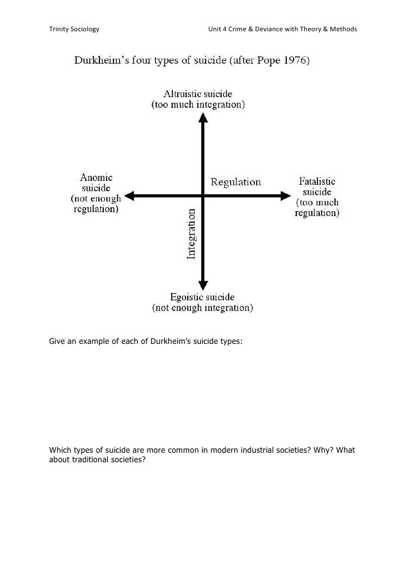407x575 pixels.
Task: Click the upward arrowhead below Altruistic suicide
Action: coord(203,118)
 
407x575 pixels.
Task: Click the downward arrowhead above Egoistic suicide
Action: coord(203,283)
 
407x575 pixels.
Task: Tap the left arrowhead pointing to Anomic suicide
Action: coord(130,195)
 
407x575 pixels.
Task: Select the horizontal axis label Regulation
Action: coord(235,182)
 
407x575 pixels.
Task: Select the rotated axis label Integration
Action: coord(191,234)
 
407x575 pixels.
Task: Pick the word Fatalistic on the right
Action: coord(317,181)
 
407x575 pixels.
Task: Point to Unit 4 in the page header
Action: coord(218,28)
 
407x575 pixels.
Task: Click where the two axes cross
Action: coord(203,195)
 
